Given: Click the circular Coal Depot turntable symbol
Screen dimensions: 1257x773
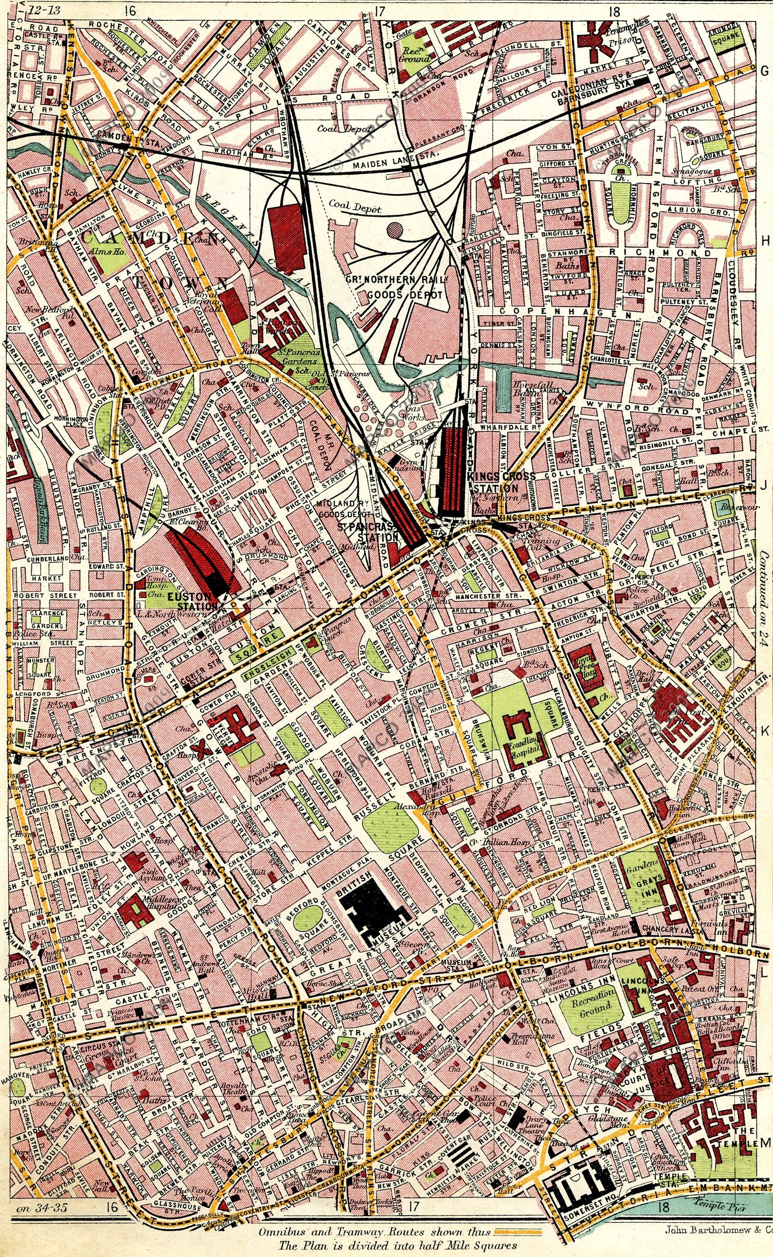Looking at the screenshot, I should (394, 230).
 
